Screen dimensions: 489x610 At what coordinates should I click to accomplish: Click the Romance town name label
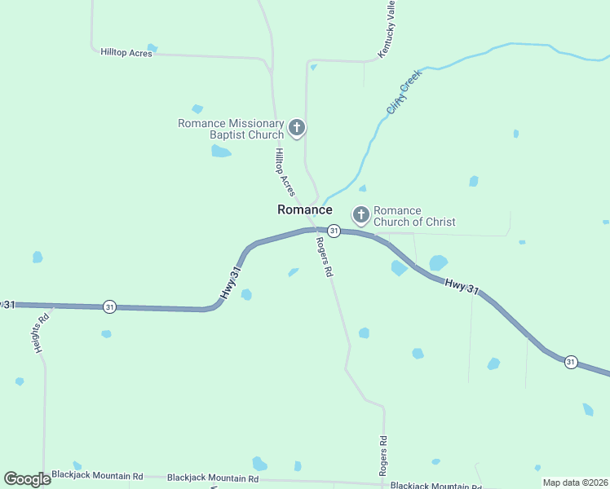[304, 209]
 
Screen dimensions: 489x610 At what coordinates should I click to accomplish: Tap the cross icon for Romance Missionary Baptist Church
[297, 128]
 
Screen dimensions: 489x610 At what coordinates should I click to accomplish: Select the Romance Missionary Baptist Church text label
[231, 129]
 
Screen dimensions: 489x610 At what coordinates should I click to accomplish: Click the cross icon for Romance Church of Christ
[361, 215]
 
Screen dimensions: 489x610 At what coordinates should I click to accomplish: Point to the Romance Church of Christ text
[413, 216]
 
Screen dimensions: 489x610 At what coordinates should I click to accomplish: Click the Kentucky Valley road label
[387, 29]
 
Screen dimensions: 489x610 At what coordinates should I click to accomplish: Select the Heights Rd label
[43, 329]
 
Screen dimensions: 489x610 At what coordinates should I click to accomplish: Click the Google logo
[27, 479]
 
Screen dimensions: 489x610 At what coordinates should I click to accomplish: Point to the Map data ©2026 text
[574, 482]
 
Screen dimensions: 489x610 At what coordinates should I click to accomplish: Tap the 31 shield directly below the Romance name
[334, 231]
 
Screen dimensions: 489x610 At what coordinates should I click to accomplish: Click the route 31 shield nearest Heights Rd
[110, 306]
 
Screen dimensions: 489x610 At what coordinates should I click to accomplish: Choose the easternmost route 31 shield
[571, 361]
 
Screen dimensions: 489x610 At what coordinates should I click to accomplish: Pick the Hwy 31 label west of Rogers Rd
[230, 283]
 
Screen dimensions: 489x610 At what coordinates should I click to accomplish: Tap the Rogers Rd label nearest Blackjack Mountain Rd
[382, 456]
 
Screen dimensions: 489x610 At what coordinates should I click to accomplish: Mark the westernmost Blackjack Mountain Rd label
[97, 476]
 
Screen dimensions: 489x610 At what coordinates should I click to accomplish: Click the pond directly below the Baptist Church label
[220, 151]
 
